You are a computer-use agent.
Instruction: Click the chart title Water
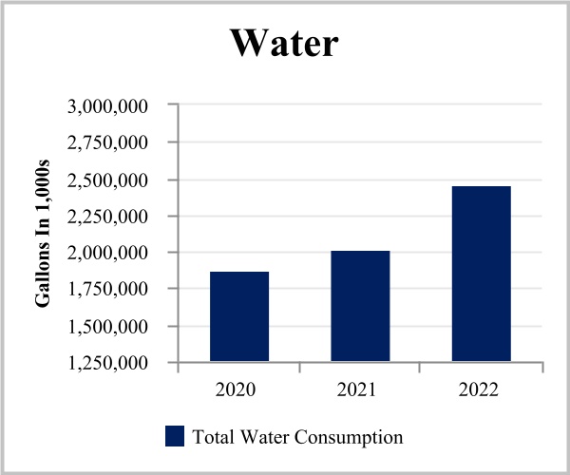pos(284,44)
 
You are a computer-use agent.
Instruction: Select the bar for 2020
pos(239,316)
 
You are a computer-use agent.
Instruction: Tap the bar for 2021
pos(360,306)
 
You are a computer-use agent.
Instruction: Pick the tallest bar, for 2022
pos(481,274)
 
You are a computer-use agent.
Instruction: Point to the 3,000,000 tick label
pos(107,106)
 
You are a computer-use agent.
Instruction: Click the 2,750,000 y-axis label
pos(107,143)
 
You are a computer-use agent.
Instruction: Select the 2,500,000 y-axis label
pos(107,180)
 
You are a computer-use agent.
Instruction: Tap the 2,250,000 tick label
pos(107,217)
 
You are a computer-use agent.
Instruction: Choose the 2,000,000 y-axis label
pos(107,254)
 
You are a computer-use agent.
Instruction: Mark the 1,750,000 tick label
pos(107,290)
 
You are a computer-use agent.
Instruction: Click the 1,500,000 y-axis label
pos(107,327)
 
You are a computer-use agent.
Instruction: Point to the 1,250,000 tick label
pos(107,364)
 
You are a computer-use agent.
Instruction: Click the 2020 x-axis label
pos(239,389)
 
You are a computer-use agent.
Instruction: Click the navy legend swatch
pos(174,436)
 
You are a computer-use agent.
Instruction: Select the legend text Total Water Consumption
pos(297,437)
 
